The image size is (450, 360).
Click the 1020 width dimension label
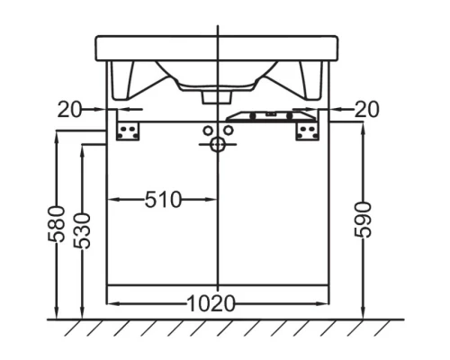coord(211,303)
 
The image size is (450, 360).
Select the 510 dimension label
coord(163,200)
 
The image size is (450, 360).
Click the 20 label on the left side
coord(68,109)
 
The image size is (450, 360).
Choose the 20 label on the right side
coord(366,109)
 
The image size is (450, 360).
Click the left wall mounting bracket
coord(128,131)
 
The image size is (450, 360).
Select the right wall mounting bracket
coord(308,131)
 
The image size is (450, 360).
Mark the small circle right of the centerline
coord(229,131)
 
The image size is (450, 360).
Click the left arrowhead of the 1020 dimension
coord(112,303)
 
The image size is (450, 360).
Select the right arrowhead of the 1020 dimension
coord(325,303)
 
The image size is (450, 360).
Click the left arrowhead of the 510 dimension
coord(112,200)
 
